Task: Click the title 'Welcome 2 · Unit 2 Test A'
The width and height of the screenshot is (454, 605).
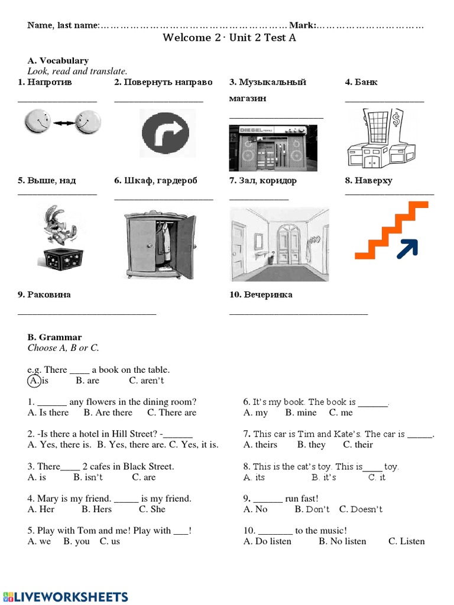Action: point(229,38)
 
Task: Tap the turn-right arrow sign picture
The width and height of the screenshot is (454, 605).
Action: point(164,133)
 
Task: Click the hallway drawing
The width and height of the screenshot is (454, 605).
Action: point(278,244)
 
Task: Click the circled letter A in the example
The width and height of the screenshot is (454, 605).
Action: point(34,380)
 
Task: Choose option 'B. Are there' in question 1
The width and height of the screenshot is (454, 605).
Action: point(108,412)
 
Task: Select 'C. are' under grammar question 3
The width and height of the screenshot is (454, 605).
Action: point(144,477)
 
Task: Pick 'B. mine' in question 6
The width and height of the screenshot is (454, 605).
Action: point(301,412)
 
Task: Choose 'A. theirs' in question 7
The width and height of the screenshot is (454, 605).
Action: point(260,444)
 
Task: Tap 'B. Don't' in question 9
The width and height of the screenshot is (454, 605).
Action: point(312,509)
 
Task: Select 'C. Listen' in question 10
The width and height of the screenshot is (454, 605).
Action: point(406,541)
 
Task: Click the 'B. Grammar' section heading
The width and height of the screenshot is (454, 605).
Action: point(54,337)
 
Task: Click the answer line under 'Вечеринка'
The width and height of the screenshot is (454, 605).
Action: point(298,313)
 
